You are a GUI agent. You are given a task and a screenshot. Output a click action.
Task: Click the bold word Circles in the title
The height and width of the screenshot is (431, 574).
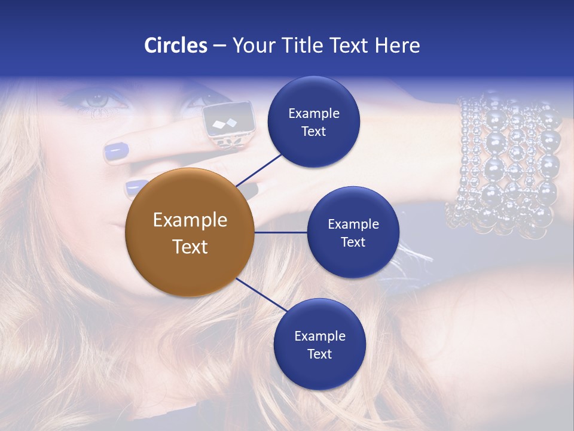176,45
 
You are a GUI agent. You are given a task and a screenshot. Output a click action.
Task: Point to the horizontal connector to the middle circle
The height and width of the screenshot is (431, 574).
280,232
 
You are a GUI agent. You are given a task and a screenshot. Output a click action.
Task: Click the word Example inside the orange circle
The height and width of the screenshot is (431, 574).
190,220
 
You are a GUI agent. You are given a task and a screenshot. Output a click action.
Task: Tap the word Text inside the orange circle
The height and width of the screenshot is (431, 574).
190,247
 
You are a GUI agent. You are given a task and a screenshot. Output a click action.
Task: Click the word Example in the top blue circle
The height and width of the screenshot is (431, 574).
313,114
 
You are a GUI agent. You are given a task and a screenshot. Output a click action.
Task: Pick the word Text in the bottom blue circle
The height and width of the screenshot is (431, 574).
319,354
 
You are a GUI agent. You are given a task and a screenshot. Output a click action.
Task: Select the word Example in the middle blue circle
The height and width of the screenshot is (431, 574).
353,224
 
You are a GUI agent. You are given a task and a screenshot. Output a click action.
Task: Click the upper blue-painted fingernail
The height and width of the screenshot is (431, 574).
116,153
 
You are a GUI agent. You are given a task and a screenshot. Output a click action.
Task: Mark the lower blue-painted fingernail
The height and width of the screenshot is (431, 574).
136,187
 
